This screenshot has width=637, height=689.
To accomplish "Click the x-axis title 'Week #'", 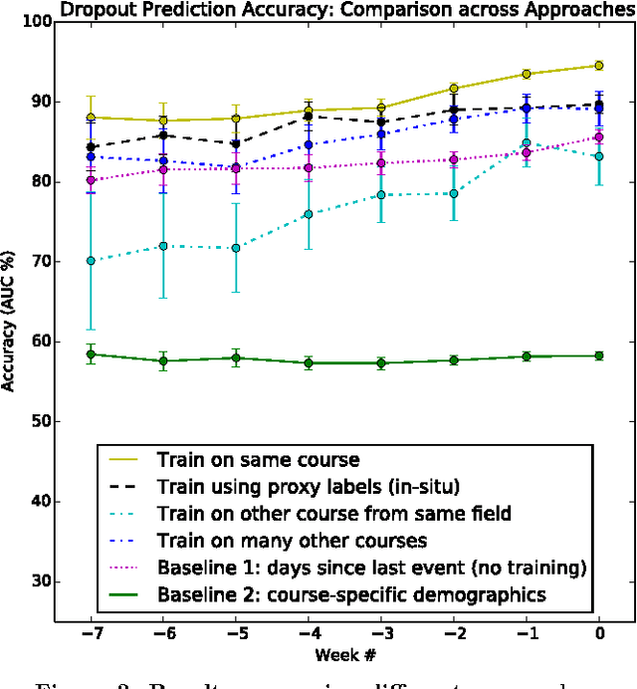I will point(343,657).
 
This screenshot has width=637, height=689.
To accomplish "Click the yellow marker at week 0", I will point(598,66).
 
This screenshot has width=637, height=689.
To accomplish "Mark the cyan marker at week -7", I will point(91,261).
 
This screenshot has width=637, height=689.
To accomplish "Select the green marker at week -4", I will point(309,363).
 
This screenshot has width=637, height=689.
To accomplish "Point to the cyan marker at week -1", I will point(526,143).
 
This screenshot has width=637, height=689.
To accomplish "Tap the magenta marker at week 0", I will point(598,137).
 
